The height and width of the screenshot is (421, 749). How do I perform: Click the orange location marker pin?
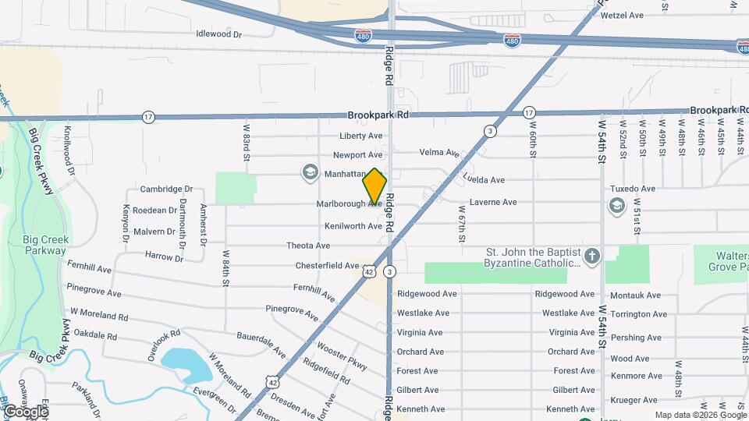pos(374,186)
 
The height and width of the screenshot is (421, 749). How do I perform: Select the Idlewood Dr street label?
pos(219,34)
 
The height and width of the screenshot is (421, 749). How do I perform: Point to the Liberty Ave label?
pos(360,136)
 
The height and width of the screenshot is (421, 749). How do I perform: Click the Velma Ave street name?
pos(439,153)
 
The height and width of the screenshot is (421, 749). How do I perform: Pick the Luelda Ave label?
pos(484,180)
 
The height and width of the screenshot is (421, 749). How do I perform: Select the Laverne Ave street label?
pos(493,203)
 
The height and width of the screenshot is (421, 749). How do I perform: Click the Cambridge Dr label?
pos(166,189)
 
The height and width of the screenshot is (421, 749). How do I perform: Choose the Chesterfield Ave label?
pos(327,266)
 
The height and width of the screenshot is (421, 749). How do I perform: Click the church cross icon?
pos(592,255)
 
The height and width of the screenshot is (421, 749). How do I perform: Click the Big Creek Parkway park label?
pos(45,246)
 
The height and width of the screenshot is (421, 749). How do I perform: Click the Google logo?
pos(25,412)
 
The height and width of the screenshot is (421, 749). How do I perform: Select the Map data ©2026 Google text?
pos(700,415)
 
